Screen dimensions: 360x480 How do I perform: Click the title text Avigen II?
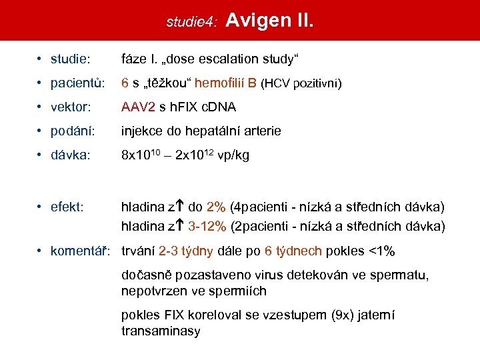269,20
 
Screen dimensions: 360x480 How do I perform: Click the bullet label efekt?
67,207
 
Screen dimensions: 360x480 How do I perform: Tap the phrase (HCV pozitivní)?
301,83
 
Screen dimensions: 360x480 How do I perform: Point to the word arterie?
261,131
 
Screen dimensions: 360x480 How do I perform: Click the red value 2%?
216,207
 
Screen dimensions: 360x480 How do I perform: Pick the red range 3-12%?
206,227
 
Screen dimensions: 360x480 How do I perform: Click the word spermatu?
402,275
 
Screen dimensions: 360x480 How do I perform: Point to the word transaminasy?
161,331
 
